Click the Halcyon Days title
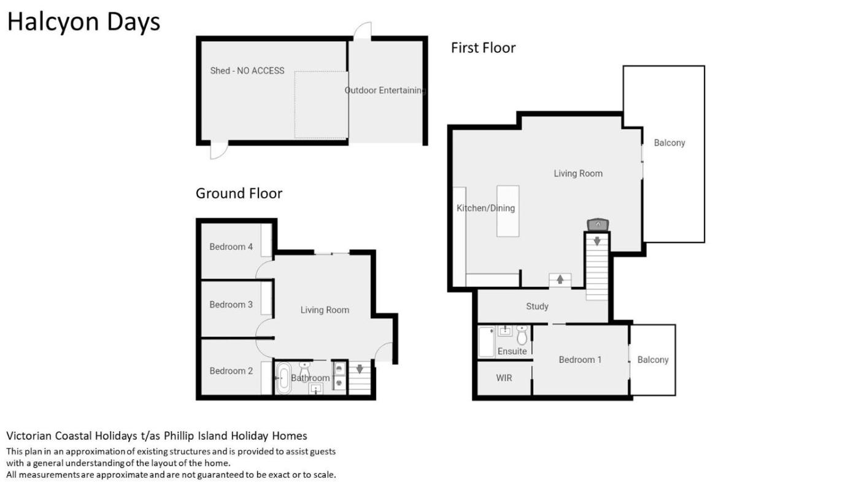pos(83,22)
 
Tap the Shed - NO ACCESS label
pos(247,71)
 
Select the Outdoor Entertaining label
pos(385,90)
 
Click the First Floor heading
pos(483,48)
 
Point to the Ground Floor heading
pos(239,193)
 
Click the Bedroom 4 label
pos(231,246)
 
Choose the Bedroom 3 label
pos(231,305)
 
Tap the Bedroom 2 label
pos(231,371)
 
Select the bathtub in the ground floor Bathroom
pos(283,378)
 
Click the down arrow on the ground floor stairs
pos(360,369)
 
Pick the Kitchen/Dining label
pos(485,208)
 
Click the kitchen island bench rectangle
pos(508,211)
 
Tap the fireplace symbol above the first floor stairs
pos(598,225)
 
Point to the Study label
pos(537,306)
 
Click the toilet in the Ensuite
pos(522,335)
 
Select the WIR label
pos(504,378)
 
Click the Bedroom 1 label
pos(580,360)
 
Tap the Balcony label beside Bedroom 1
pos(653,360)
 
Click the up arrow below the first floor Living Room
pos(560,279)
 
